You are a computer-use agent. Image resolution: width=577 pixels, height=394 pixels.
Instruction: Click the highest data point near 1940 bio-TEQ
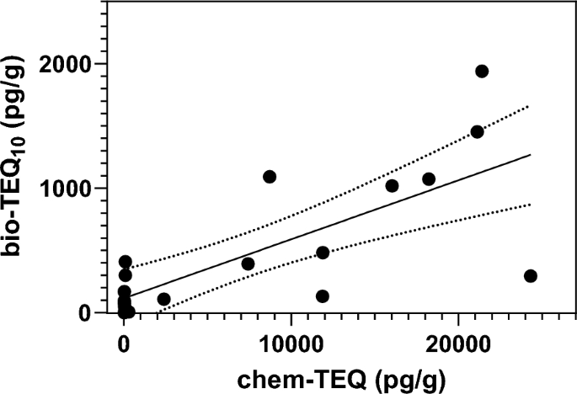tap(482, 72)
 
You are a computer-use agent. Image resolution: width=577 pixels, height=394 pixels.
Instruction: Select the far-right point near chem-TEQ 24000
tap(530, 276)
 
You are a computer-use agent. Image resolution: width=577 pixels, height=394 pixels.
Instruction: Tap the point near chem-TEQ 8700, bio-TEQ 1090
tap(270, 177)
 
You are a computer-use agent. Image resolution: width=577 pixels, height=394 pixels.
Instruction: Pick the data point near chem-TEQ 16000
tap(392, 186)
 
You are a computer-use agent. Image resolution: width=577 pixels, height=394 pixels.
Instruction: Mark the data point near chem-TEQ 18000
tap(429, 178)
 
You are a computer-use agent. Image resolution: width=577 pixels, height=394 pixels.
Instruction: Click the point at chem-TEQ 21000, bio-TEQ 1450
tap(477, 132)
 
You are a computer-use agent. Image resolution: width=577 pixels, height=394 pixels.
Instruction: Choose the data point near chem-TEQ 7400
tap(248, 264)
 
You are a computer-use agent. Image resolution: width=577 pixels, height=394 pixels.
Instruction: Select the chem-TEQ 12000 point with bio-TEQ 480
tap(323, 253)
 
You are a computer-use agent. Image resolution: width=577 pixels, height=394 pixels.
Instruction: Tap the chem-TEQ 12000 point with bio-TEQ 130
tap(323, 296)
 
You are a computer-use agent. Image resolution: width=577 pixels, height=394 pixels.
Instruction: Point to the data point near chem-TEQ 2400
tap(164, 299)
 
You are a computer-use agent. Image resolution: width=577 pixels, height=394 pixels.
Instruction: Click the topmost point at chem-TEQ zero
tap(126, 262)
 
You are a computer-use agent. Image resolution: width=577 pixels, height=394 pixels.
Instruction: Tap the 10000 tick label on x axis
tap(291, 343)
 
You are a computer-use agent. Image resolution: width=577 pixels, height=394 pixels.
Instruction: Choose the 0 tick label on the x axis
tap(124, 343)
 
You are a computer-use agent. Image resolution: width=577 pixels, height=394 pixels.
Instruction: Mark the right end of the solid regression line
tap(530, 155)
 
